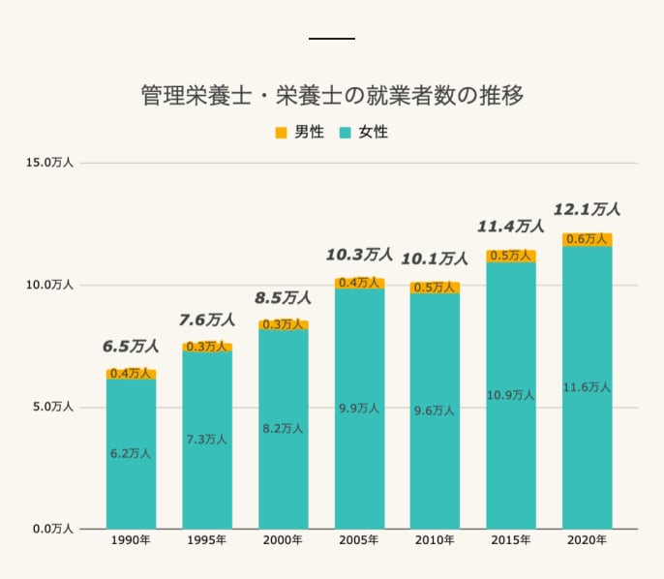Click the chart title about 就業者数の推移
(x=332, y=96)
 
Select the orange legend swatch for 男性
(x=281, y=132)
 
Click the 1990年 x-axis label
(x=131, y=539)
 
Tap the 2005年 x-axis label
(x=359, y=539)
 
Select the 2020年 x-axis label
(x=588, y=539)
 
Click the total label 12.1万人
(x=587, y=209)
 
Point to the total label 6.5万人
(x=131, y=346)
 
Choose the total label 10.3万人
(x=359, y=255)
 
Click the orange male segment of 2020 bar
(x=588, y=239)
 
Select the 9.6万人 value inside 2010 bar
(x=435, y=410)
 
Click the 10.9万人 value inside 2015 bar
(x=511, y=394)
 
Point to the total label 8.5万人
(x=283, y=298)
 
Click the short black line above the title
(x=332, y=38)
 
